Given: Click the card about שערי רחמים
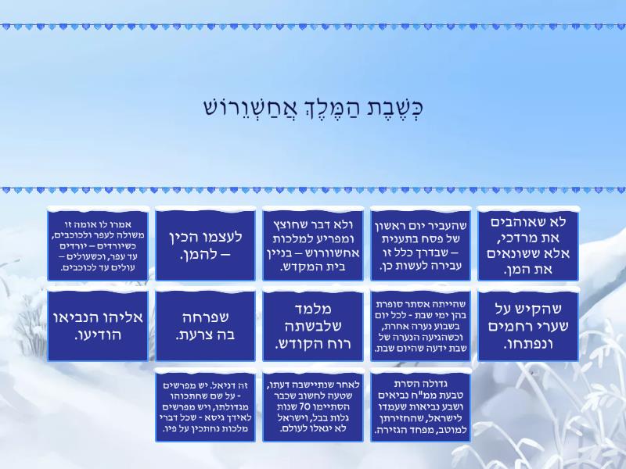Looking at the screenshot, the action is click(527, 326).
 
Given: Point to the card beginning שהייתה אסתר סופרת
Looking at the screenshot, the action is click(420, 326).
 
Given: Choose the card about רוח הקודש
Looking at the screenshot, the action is click(313, 326).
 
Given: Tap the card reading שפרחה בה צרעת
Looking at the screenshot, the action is click(205, 326).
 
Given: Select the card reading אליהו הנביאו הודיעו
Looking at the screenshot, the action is click(98, 326).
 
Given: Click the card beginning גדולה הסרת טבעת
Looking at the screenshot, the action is click(420, 406).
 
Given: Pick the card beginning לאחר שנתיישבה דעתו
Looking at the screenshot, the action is click(313, 406).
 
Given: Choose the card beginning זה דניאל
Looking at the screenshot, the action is click(205, 406).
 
